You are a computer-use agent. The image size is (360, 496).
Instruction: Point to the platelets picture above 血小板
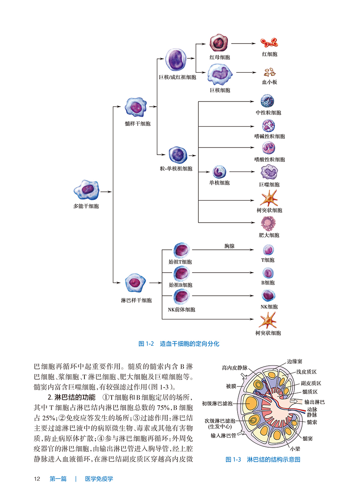point(269,73)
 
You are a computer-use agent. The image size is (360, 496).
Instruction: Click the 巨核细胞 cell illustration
point(220,74)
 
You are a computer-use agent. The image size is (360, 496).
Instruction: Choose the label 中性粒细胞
point(268,113)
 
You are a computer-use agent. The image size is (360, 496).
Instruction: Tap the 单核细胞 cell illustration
point(219,171)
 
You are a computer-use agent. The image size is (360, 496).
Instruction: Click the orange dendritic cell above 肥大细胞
point(269,199)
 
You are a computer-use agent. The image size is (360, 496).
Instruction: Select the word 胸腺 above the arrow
point(230,246)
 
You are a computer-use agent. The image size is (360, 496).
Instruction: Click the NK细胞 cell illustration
point(268,296)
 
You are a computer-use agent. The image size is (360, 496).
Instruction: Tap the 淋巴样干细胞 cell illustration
point(136,283)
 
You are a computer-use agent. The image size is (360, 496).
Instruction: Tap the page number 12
point(38,479)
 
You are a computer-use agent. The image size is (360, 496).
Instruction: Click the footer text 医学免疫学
point(99,479)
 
